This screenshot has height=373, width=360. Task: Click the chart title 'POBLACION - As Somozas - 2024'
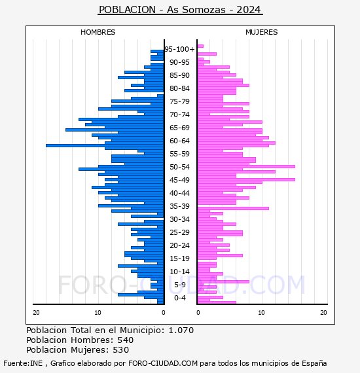coord(180,10)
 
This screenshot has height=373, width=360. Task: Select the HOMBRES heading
coord(98,32)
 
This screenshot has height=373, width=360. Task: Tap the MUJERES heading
coord(262,32)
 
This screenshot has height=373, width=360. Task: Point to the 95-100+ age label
coord(179,49)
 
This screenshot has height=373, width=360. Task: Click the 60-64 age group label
coord(179,141)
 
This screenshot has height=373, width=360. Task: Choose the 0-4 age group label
coord(179,298)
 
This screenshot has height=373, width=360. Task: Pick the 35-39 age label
coord(179,206)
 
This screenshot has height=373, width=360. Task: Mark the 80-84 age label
coord(179,88)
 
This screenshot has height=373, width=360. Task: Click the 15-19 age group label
coord(179,258)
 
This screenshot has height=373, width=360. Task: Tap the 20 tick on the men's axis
coord(36,312)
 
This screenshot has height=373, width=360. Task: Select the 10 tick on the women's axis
coord(261,312)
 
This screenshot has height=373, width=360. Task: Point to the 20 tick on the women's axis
coord(323,312)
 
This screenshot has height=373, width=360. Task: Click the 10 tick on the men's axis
coord(98,312)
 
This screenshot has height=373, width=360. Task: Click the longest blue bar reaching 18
coord(105,145)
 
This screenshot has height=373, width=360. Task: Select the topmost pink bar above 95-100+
coord(200,46)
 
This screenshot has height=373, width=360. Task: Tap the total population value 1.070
coord(181,330)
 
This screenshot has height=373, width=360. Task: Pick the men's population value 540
coord(126,340)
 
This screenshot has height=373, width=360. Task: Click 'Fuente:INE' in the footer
coord(23,363)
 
